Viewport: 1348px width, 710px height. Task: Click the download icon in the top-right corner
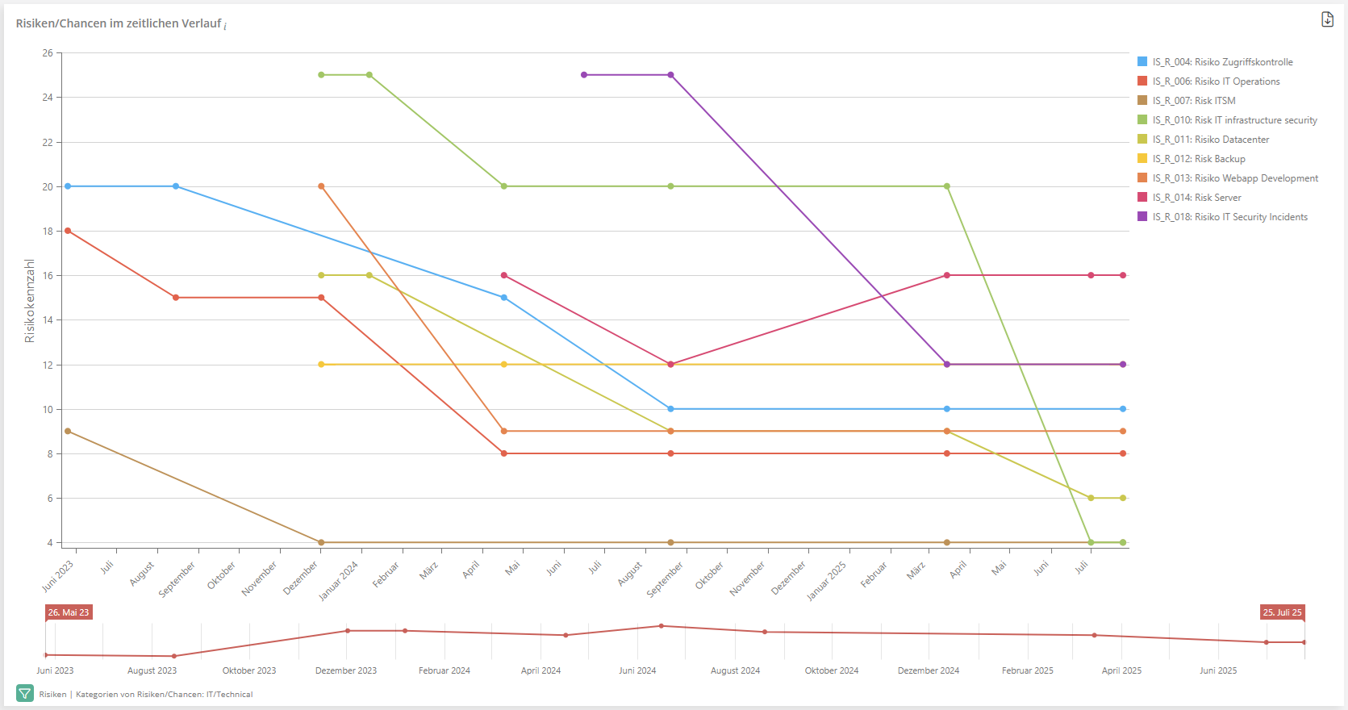click(x=1327, y=19)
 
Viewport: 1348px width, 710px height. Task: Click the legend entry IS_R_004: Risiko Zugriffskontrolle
click(x=1222, y=62)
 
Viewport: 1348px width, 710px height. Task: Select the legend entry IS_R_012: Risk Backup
click(x=1199, y=159)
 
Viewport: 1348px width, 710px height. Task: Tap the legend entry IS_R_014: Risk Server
click(x=1196, y=198)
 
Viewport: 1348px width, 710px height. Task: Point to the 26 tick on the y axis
click(x=48, y=53)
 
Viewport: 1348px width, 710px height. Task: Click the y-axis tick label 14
click(x=48, y=320)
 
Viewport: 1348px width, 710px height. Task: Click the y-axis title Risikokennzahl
click(x=30, y=301)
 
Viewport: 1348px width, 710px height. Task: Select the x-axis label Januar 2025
click(x=827, y=581)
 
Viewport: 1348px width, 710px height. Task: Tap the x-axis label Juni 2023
click(x=58, y=576)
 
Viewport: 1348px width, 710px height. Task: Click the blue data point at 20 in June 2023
click(x=68, y=186)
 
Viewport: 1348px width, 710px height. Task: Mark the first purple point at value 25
click(x=584, y=75)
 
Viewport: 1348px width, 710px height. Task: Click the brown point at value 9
click(x=68, y=432)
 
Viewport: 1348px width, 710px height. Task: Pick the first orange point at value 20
click(x=321, y=186)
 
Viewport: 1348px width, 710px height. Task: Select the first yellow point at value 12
click(x=321, y=365)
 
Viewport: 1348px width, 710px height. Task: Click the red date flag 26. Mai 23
click(x=69, y=612)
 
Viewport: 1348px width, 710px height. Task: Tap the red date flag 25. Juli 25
click(x=1282, y=612)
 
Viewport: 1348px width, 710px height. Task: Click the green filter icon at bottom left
click(x=25, y=694)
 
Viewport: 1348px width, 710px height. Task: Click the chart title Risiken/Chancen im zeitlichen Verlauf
click(x=119, y=23)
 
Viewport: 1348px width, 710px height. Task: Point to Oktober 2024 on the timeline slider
click(x=832, y=670)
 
